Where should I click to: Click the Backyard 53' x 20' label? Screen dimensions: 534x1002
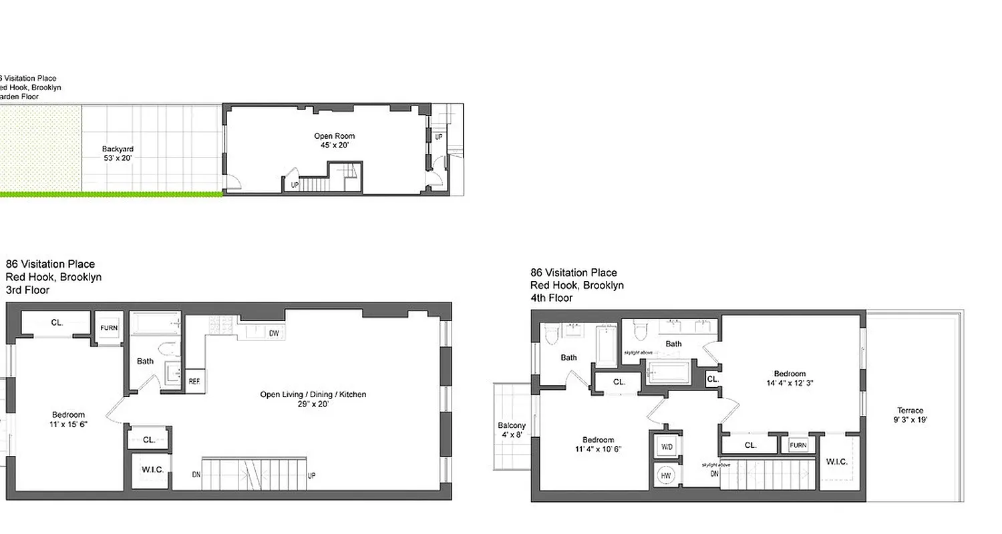[x=118, y=154]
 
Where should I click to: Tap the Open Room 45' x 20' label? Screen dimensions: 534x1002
[x=334, y=140]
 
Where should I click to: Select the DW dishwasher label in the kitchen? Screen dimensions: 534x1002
[x=274, y=333]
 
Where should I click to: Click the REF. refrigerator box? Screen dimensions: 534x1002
[x=194, y=381]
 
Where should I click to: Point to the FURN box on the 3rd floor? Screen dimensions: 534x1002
[x=109, y=328]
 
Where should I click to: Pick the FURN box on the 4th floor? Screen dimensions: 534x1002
[x=798, y=445]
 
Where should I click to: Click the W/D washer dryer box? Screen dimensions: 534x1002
[x=667, y=446]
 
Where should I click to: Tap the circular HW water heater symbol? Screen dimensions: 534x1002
[x=666, y=475]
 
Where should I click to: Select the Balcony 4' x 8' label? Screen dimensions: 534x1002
[x=511, y=430]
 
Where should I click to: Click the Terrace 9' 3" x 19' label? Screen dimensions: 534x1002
[x=910, y=415]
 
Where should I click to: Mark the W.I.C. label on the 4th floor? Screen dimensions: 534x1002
[x=836, y=461]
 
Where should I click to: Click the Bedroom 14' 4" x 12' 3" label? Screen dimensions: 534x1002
[x=790, y=378]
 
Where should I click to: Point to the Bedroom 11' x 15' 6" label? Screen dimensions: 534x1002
[x=68, y=419]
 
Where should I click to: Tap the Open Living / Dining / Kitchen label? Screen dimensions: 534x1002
[x=313, y=398]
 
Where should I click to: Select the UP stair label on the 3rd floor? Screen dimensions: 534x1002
[x=311, y=475]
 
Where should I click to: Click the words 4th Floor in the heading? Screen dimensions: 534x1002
[x=551, y=298]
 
